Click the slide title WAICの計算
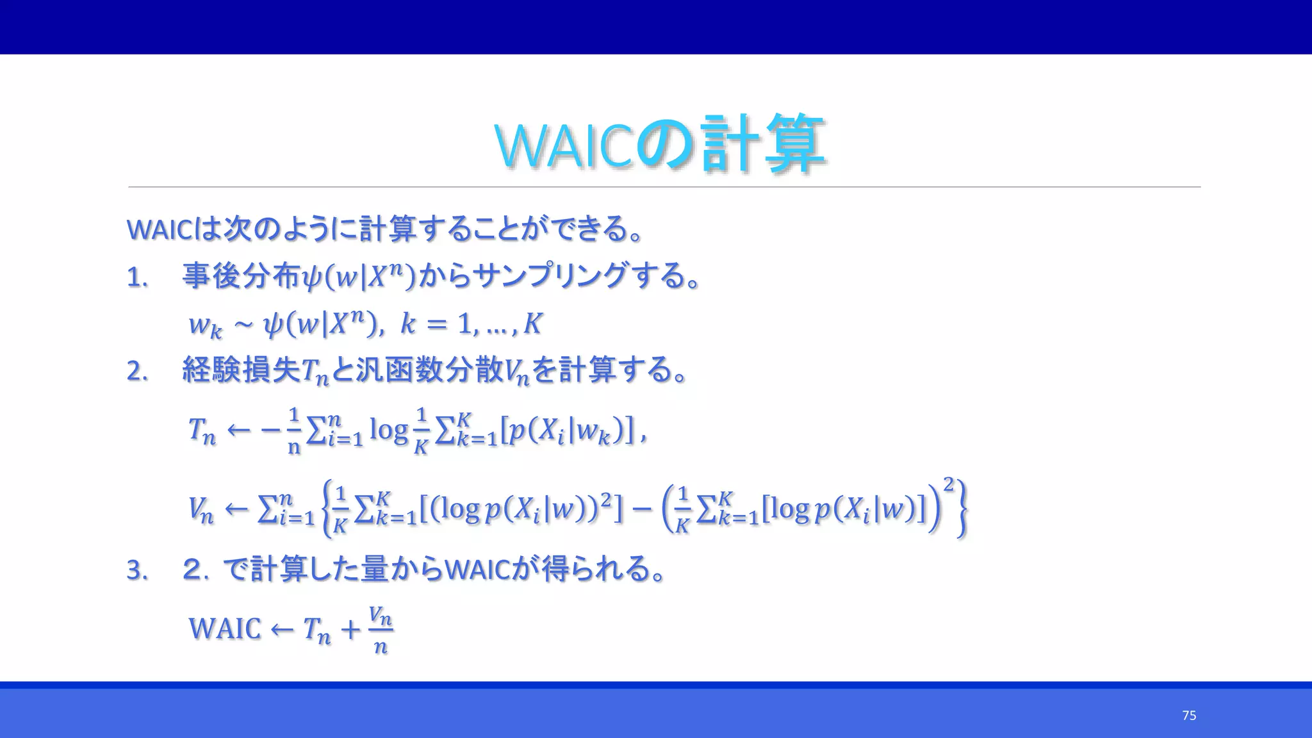point(660,144)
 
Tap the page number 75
point(1189,716)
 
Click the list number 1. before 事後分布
point(137,278)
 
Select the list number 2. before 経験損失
point(137,372)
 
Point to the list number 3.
point(137,570)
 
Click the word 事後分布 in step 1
point(242,276)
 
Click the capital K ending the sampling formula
point(532,324)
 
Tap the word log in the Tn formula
point(388,430)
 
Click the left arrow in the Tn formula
point(239,430)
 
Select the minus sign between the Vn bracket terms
point(641,509)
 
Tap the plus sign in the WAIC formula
point(350,629)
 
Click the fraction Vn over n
point(381,630)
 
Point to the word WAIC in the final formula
point(225,628)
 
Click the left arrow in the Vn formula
point(236,509)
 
